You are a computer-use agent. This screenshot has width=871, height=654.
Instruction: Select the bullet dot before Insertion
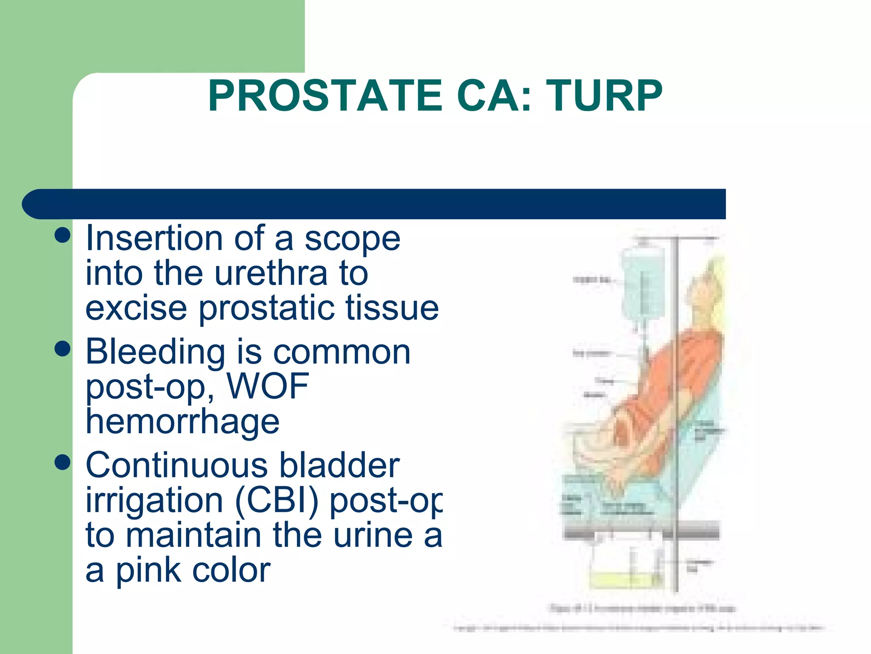pyautogui.click(x=63, y=235)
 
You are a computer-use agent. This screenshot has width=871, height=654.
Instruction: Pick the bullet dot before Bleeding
pyautogui.click(x=63, y=349)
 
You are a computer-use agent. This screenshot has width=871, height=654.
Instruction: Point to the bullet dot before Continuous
pyautogui.click(x=63, y=462)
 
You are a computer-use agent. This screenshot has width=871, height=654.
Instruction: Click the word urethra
pyautogui.click(x=271, y=274)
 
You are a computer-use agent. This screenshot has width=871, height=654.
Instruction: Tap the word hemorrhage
pyautogui.click(x=182, y=422)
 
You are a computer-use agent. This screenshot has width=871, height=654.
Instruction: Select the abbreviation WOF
pyautogui.click(x=268, y=386)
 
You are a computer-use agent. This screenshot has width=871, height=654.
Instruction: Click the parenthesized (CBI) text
pyautogui.click(x=276, y=501)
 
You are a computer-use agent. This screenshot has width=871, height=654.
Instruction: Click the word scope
pyautogui.click(x=353, y=238)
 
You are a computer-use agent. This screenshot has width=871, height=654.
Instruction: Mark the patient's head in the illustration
pyautogui.click(x=706, y=290)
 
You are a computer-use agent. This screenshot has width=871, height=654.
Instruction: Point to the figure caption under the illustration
pyautogui.click(x=642, y=608)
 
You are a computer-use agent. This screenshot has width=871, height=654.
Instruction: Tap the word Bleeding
pyautogui.click(x=155, y=352)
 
